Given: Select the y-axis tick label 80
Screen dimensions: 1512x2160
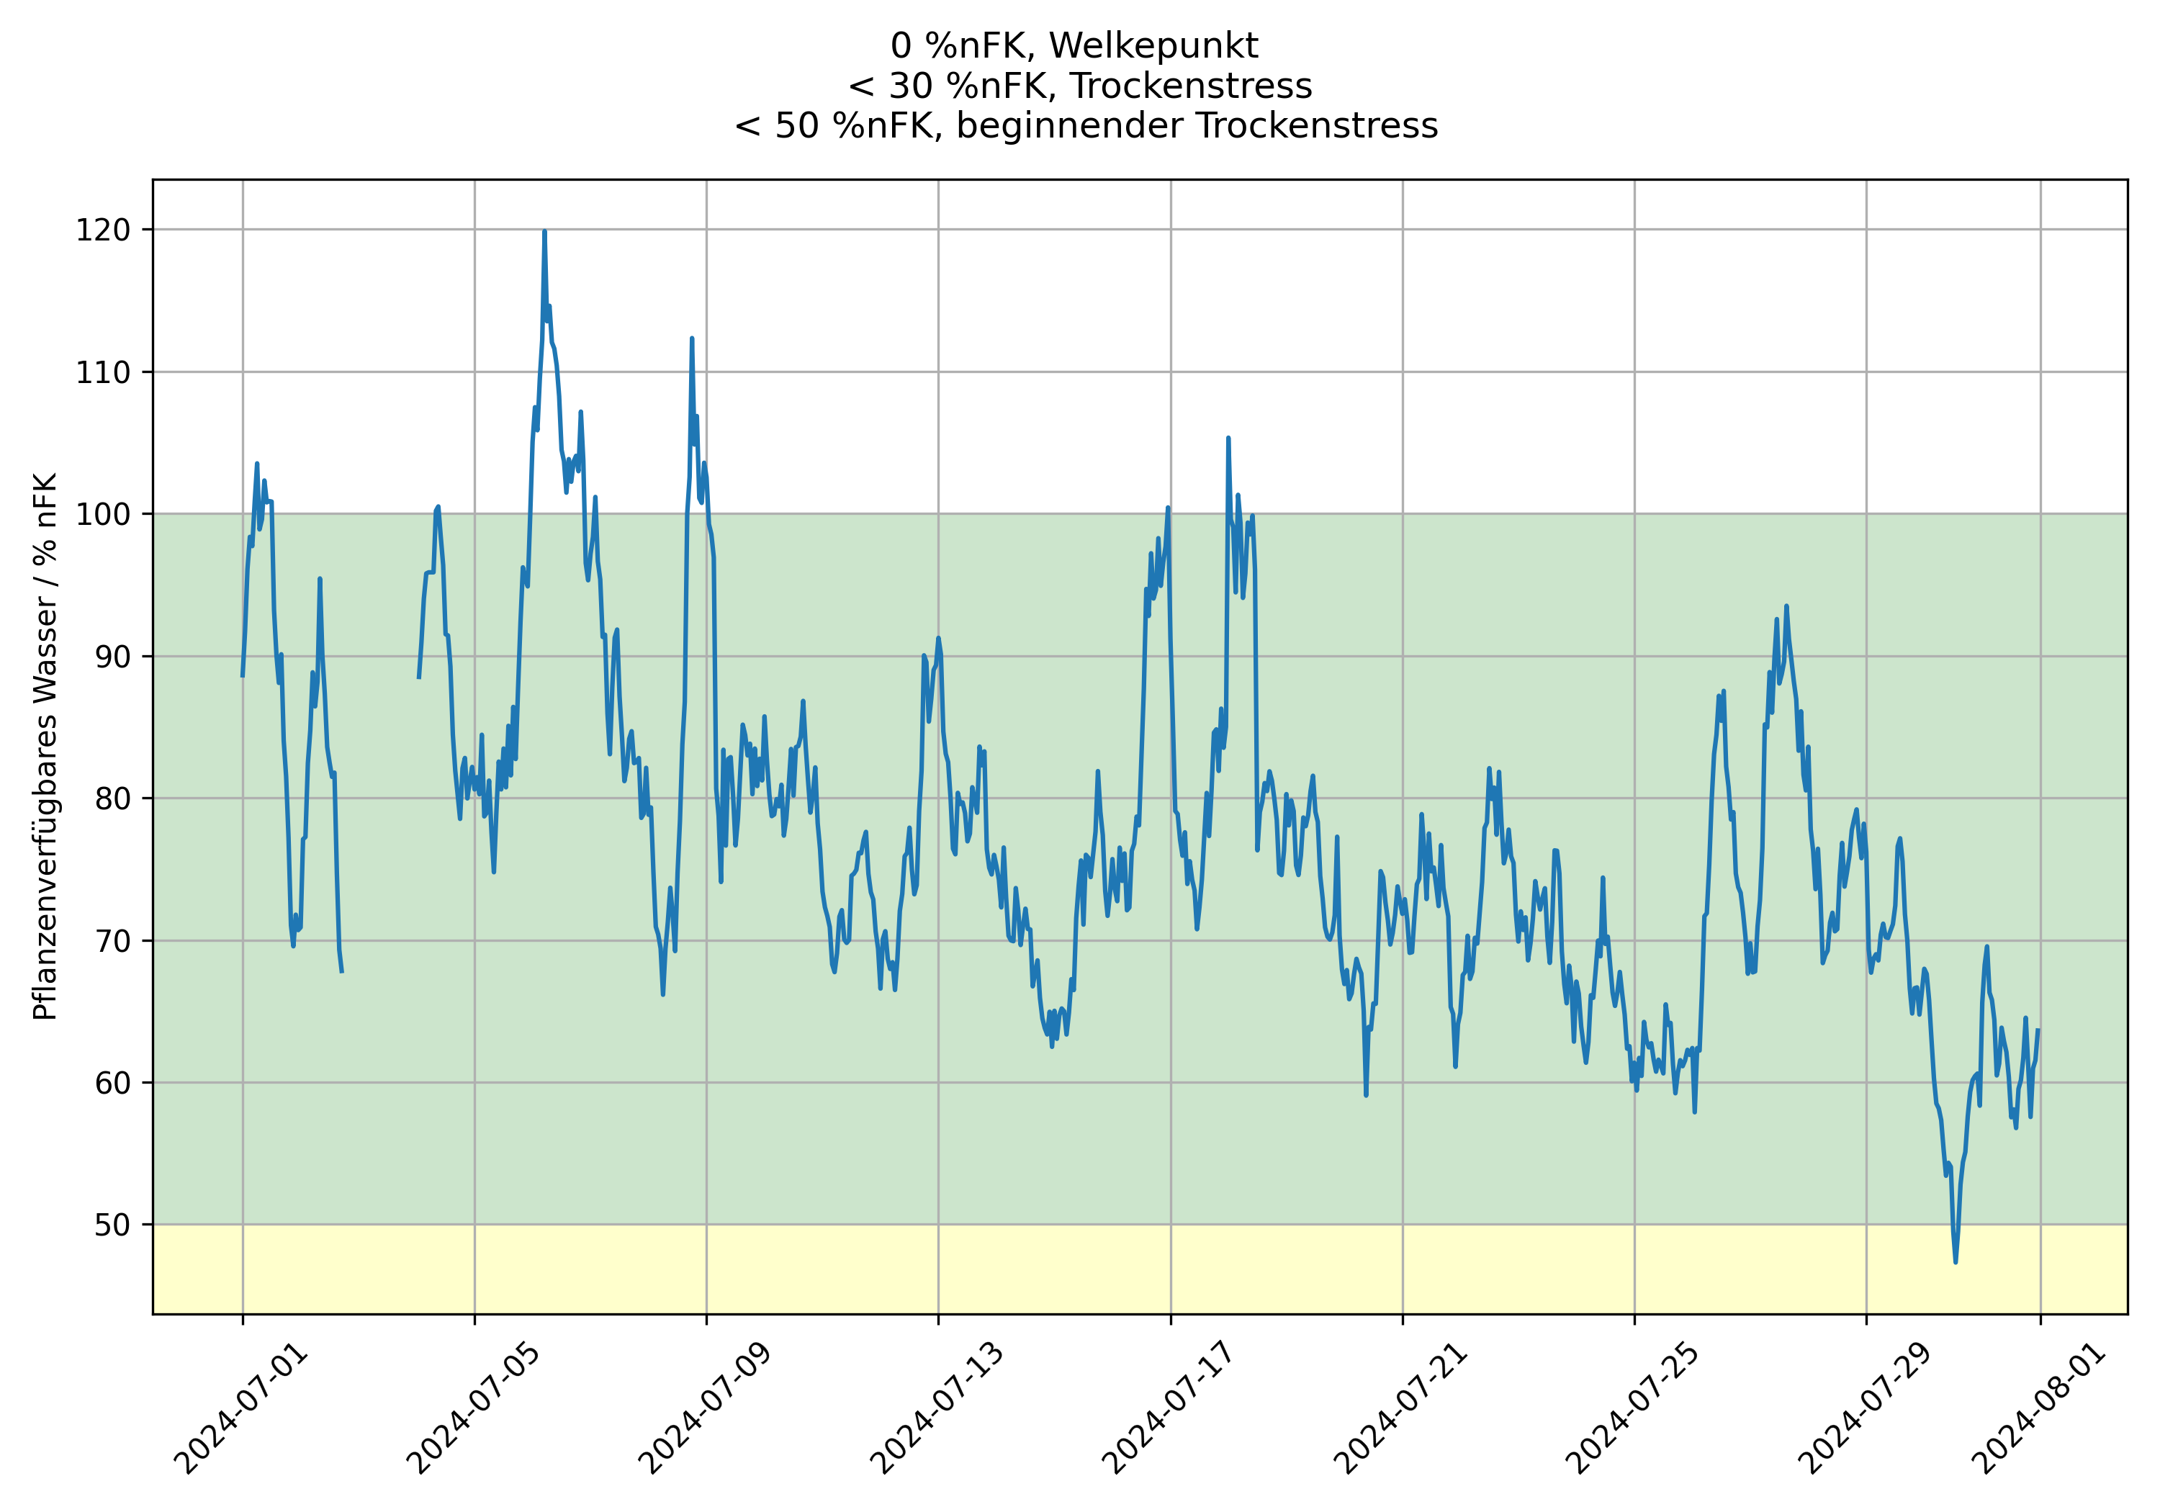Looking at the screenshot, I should click(112, 798).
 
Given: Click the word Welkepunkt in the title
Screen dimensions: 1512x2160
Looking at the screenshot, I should click(1153, 45).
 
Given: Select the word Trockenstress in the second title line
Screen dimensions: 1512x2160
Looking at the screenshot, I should click(1191, 86).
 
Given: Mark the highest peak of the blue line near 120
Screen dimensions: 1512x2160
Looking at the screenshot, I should click(544, 231).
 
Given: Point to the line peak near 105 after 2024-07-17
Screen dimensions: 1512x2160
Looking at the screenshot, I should click(1228, 438).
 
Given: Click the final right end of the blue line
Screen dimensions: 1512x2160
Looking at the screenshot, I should click(2038, 1030).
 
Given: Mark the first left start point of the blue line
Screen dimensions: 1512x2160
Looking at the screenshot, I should click(243, 675).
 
